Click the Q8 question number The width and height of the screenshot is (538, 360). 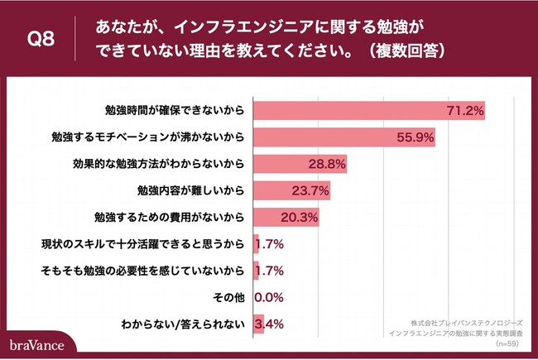[41, 40]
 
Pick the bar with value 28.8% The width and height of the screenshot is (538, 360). [299, 164]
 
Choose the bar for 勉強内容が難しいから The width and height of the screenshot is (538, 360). [291, 191]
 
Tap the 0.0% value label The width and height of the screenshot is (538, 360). [269, 296]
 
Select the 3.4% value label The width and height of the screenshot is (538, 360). [271, 323]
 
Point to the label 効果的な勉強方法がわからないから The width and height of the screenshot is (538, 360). [158, 165]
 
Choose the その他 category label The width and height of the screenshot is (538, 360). [227, 297]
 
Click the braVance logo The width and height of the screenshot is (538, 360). [37, 343]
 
